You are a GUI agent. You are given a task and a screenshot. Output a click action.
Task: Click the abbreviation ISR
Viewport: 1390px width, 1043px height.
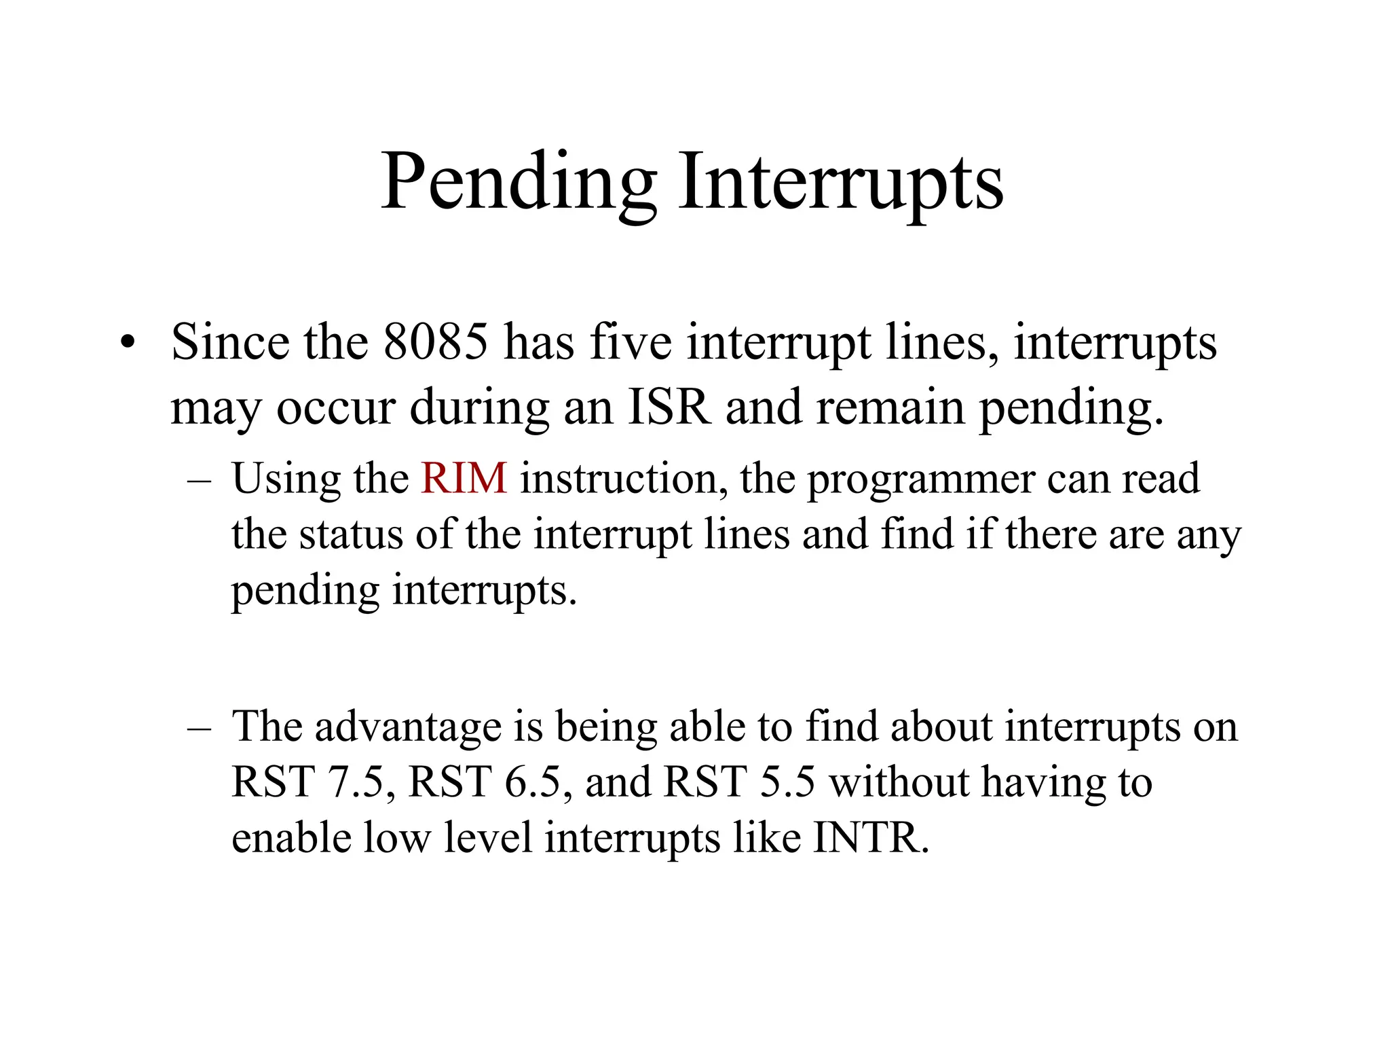click(x=669, y=407)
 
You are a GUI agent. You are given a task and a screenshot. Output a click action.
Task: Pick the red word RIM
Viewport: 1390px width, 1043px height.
click(x=464, y=478)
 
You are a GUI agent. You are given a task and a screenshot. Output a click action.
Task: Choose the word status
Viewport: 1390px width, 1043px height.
click(x=351, y=534)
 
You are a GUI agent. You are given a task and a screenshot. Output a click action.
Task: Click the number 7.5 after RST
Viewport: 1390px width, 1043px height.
click(x=356, y=782)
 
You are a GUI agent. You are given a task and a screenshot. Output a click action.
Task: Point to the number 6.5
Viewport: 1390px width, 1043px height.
click(x=533, y=782)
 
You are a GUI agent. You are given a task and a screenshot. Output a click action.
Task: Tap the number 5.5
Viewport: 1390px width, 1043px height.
click(x=787, y=782)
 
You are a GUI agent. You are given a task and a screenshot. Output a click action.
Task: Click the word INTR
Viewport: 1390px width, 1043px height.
click(x=870, y=838)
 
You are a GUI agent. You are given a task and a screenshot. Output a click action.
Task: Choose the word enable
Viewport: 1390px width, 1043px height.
click(x=290, y=838)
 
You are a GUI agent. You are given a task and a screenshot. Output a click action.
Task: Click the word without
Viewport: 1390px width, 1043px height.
click(x=899, y=782)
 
